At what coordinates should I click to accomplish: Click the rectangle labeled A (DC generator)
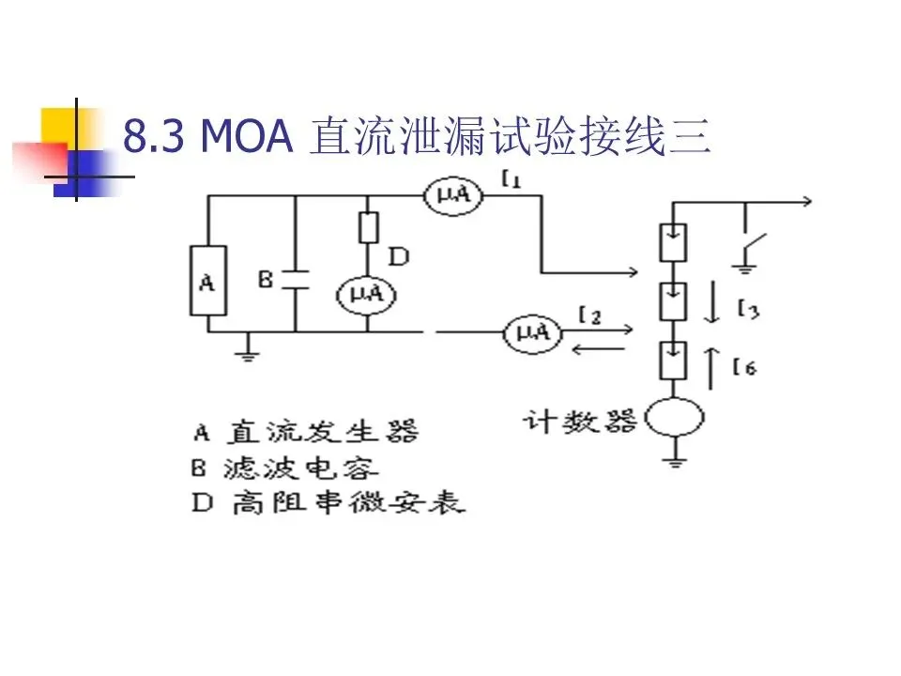coord(207,281)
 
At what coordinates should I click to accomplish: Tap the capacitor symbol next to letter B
coord(296,279)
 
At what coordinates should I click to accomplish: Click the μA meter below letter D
coord(366,295)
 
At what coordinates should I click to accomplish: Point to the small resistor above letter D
coord(367,227)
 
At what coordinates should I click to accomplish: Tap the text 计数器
coord(580,420)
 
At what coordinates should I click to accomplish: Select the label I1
coord(512,180)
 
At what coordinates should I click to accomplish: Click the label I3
coord(747,309)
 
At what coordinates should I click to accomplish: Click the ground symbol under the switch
coord(745,269)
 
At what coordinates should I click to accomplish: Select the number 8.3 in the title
coord(156,138)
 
